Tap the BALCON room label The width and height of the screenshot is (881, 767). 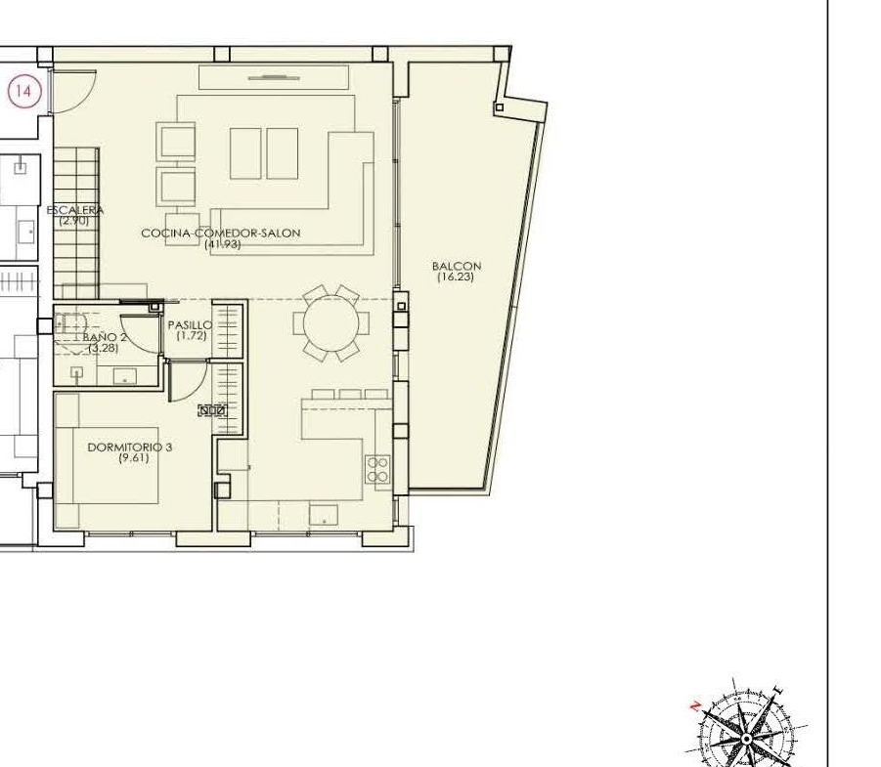click(457, 266)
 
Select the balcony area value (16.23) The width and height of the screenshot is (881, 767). click(456, 277)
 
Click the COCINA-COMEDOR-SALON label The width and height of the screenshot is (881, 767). click(221, 233)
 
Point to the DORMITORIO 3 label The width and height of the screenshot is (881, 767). click(130, 447)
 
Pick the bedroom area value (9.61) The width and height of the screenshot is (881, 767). click(134, 458)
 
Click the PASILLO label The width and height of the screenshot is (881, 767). click(190, 325)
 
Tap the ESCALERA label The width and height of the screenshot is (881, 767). click(75, 211)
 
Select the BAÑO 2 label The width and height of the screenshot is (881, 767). click(105, 337)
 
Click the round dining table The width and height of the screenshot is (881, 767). click(330, 323)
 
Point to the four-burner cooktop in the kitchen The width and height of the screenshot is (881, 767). click(377, 469)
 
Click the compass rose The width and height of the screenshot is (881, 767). click(747, 725)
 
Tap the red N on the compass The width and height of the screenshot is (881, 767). click(696, 705)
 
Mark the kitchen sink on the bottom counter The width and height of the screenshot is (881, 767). click(324, 515)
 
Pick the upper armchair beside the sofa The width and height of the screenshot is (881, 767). click(178, 141)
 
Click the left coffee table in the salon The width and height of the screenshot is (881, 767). click(245, 153)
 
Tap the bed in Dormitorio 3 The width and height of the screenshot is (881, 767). click(115, 465)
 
